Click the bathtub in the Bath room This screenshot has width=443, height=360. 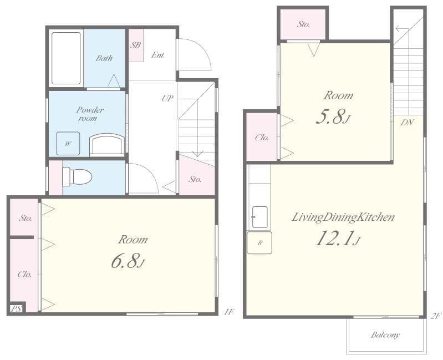pos(66,58)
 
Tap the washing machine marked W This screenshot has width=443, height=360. pos(68,144)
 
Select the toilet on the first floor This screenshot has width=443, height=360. pos(77,177)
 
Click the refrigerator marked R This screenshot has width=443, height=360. pos(259,243)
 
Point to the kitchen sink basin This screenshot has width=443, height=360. pos(259,217)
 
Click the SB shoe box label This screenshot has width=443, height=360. pos(136,45)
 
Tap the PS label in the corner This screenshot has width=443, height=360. pos(16,309)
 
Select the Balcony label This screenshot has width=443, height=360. pos(385,335)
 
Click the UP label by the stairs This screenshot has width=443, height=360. pos(167,98)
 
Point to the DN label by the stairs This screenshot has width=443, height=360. pos(408,123)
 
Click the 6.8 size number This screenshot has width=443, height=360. pos(125,261)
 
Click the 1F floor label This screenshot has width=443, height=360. pos(229,312)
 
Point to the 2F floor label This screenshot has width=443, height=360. pos(435,316)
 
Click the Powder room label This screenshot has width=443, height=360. pos(90,114)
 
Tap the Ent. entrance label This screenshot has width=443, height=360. pos(158,54)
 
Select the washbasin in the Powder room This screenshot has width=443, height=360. pos(107,144)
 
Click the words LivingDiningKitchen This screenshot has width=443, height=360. pos(343,217)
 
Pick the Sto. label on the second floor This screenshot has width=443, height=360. pos(303,24)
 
